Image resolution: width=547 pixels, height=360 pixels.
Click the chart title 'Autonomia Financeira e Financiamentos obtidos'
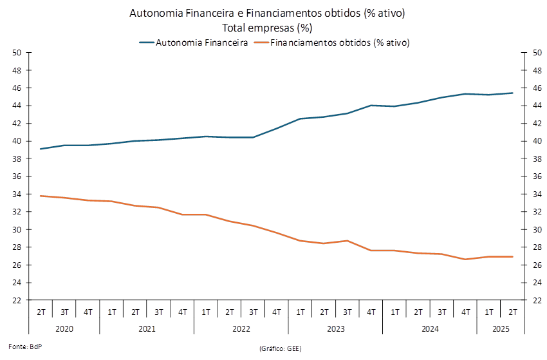coord(267,14)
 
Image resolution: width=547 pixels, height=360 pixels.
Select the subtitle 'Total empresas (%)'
coord(267,28)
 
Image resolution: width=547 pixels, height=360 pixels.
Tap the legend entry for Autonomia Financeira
coord(194,43)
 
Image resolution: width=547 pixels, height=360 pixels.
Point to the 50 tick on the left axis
coord(17,52)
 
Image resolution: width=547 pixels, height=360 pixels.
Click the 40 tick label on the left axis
coord(17,141)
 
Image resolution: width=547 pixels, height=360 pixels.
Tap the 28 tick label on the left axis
coord(17,247)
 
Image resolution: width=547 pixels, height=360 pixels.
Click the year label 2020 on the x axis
coord(64,329)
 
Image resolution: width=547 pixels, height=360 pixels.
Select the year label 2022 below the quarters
coord(241,329)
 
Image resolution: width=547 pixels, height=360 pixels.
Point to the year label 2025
coord(501,329)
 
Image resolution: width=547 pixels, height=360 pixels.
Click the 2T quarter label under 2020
coord(41,313)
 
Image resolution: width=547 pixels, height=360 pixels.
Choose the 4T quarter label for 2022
coord(277,313)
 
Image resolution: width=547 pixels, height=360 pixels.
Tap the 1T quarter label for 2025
coord(489,313)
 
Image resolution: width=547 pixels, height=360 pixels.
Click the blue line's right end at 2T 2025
coord(513,93)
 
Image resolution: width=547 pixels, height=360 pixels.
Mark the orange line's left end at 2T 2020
coord(41,196)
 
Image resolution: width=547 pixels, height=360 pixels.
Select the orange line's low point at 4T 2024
coord(465,260)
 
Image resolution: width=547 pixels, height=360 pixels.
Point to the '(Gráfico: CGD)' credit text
coord(280,348)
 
